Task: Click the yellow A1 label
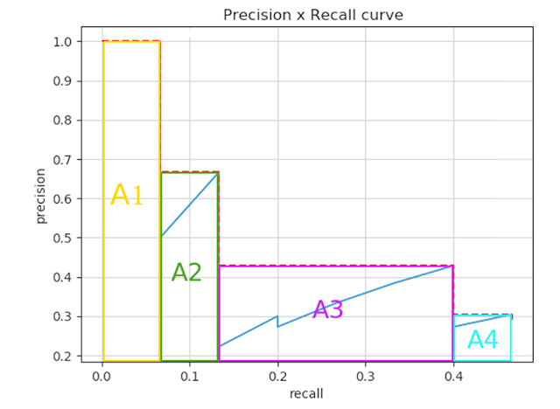click(x=127, y=195)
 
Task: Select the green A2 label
click(x=186, y=272)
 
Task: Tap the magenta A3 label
click(x=328, y=309)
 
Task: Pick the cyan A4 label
click(x=482, y=340)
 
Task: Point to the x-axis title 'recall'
click(x=306, y=393)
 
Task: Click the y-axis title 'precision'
click(x=41, y=198)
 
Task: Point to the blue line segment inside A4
click(x=482, y=321)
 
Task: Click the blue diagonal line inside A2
click(x=189, y=204)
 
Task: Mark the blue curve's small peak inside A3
click(x=276, y=316)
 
